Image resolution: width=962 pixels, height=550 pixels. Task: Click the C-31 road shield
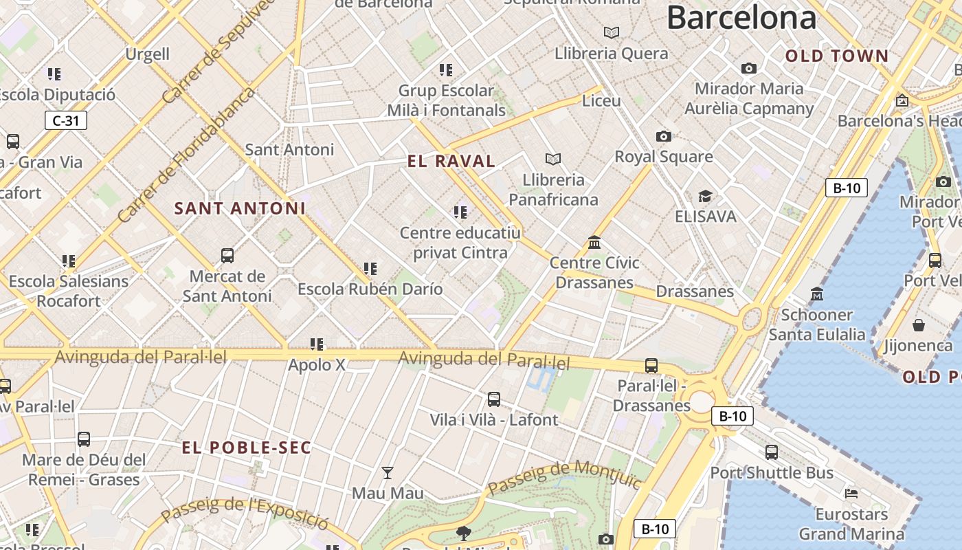click(x=66, y=121)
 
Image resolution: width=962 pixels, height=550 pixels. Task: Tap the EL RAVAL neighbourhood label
click(x=451, y=162)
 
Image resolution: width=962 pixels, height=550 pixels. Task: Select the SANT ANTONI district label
click(x=240, y=208)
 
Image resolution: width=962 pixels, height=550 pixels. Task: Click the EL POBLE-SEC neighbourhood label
click(x=246, y=448)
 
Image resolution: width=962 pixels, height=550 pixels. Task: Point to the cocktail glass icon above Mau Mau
click(x=388, y=472)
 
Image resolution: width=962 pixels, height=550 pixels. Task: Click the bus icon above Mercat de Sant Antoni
click(x=227, y=256)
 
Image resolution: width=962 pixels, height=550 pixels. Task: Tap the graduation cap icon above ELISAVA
click(x=705, y=197)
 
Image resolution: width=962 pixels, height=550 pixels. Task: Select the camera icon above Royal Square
click(x=663, y=137)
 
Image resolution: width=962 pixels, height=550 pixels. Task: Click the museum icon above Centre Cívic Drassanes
click(x=594, y=243)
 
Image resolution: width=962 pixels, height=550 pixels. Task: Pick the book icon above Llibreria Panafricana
click(x=553, y=159)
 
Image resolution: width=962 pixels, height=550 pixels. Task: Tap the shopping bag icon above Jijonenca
click(x=919, y=324)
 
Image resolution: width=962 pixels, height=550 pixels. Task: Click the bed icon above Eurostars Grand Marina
click(x=851, y=493)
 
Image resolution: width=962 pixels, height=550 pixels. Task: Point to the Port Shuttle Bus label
click(x=772, y=473)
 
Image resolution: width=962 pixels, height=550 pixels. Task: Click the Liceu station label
click(x=601, y=101)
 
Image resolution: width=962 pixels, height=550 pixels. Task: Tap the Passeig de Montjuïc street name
click(x=565, y=476)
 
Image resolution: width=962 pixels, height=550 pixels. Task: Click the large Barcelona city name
click(x=741, y=18)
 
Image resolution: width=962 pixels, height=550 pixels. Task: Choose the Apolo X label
click(x=317, y=365)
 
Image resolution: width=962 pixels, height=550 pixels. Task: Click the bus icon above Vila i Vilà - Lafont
click(x=493, y=399)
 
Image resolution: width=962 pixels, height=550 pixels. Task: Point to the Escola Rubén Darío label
click(x=370, y=289)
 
